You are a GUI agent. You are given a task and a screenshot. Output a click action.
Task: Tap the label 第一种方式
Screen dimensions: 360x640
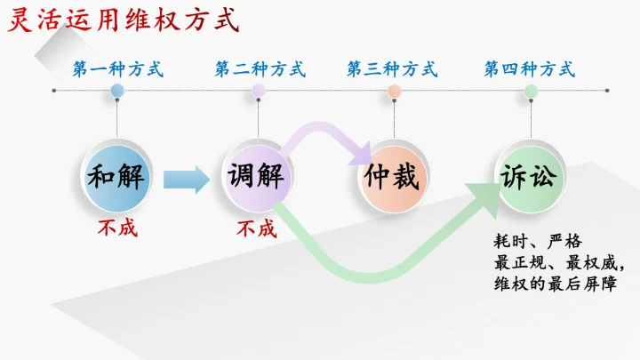[118, 68]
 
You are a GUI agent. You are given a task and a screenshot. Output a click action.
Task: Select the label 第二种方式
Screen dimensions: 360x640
[259, 68]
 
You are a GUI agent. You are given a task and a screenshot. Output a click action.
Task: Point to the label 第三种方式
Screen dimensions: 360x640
[391, 68]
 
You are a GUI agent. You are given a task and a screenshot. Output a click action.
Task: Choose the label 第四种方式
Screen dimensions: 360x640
[529, 68]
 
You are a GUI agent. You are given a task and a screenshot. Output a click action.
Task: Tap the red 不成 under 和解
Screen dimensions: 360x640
[117, 228]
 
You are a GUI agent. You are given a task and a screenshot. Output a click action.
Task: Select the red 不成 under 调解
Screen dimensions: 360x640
[256, 228]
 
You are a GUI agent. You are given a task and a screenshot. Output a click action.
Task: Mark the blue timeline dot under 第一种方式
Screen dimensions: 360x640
[117, 91]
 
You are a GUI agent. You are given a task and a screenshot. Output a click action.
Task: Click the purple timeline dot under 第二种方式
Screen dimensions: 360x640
[258, 91]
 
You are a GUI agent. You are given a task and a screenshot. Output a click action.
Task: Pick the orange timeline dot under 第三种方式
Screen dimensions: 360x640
[394, 91]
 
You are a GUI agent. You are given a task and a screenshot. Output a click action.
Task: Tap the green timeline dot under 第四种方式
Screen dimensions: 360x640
[531, 91]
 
